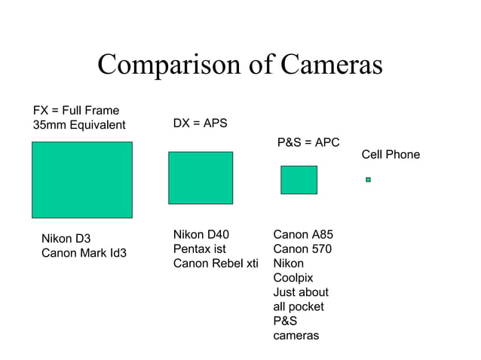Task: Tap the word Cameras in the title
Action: [331, 66]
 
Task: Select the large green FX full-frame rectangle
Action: [82, 180]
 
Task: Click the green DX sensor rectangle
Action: [201, 178]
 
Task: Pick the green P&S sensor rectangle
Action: [299, 180]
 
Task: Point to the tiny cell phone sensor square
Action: [368, 179]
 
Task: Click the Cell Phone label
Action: [391, 154]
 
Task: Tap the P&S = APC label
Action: [308, 142]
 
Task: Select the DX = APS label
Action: [200, 123]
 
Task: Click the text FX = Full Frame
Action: [76, 111]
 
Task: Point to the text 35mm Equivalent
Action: [79, 125]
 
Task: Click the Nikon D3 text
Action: [66, 239]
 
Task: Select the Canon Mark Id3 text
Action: [84, 253]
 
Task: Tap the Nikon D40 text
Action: [201, 234]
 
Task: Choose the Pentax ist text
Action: [199, 249]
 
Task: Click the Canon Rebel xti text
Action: [216, 263]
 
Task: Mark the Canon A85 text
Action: [303, 234]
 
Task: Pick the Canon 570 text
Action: [302, 249]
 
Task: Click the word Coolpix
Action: [293, 278]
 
